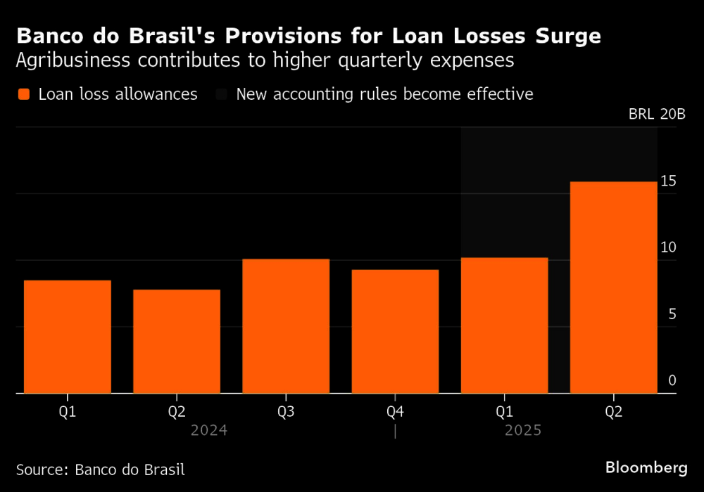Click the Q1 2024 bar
(x=68, y=337)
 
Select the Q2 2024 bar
(x=177, y=342)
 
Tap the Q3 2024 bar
(x=286, y=326)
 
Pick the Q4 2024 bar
(x=395, y=332)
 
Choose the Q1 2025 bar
(x=504, y=325)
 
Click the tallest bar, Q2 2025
(x=613, y=287)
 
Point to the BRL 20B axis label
(x=656, y=115)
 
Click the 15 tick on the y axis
(x=668, y=181)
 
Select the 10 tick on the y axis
(x=668, y=247)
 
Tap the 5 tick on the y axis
(x=672, y=314)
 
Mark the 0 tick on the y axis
(x=672, y=380)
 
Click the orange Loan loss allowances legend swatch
(x=24, y=94)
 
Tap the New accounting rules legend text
(x=384, y=94)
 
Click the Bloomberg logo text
(x=646, y=467)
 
